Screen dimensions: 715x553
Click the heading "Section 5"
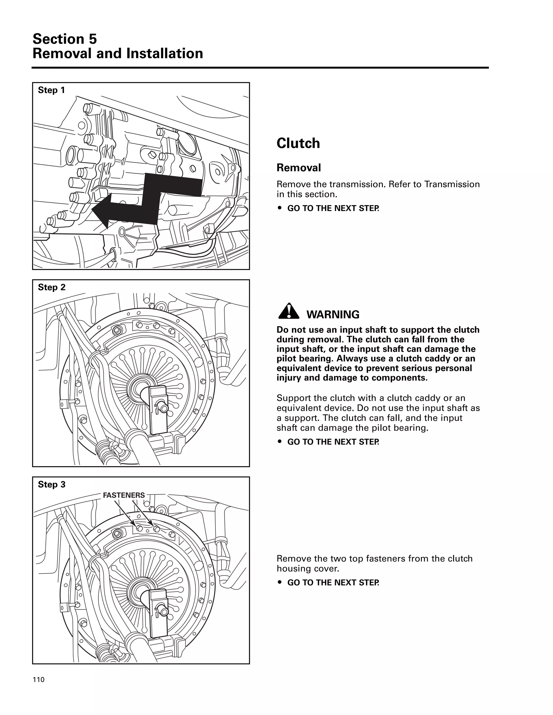65,39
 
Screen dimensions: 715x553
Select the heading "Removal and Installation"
118,54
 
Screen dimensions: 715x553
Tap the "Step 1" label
51,90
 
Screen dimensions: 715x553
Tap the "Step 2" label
51,287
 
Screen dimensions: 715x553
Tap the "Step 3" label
51,484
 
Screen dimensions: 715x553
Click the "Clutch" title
298,143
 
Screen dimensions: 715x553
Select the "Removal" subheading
298,168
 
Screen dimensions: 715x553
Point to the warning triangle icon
288,312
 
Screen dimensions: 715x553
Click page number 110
38,680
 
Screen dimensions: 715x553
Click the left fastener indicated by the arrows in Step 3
139,528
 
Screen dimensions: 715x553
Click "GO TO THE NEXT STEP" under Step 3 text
333,583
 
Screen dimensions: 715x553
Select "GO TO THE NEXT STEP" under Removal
333,208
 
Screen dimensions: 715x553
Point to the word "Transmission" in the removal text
452,184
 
